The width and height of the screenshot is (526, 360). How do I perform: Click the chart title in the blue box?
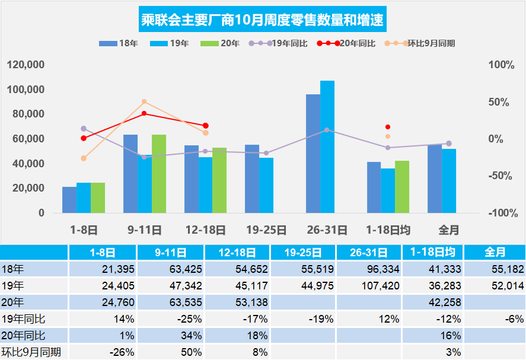[x=263, y=20]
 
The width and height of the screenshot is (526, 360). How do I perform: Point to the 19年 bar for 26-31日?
[x=327, y=146]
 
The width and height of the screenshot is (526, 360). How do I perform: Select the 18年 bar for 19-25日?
[x=252, y=179]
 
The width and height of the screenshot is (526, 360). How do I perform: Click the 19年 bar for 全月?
[x=449, y=180]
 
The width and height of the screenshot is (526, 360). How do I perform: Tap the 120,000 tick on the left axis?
[x=26, y=65]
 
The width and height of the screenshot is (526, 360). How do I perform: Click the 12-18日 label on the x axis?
[x=205, y=230]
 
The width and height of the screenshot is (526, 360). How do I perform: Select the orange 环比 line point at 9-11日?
[x=144, y=102]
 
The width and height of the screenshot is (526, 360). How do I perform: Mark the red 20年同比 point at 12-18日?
[x=206, y=126]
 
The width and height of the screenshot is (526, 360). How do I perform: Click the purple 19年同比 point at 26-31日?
[x=327, y=130]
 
